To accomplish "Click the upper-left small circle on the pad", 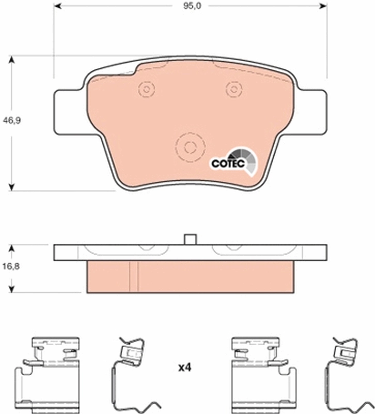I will [147, 90].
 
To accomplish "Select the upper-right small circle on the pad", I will [233, 90].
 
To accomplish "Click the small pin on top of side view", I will [190, 239].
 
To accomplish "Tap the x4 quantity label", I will [184, 368].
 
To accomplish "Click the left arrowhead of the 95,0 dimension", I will [57, 6].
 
